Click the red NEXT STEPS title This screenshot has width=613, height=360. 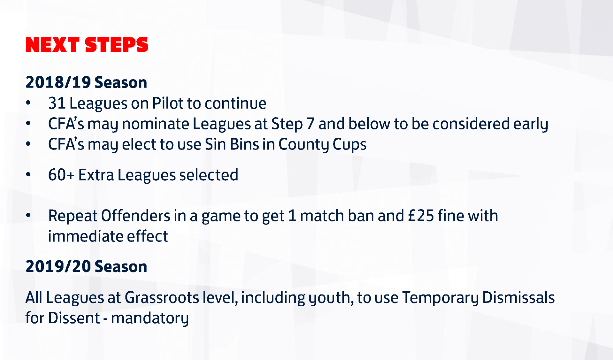point(87,44)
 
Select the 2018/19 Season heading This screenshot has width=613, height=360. point(86,82)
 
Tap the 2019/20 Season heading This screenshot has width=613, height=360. point(86,266)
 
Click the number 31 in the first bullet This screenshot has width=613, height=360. point(57,103)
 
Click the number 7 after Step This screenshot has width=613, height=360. point(310,124)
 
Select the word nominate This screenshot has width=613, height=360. point(155,124)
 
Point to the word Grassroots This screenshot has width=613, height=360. point(162,298)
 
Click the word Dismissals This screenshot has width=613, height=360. point(518,298)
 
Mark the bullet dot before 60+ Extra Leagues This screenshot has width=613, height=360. point(28,175)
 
